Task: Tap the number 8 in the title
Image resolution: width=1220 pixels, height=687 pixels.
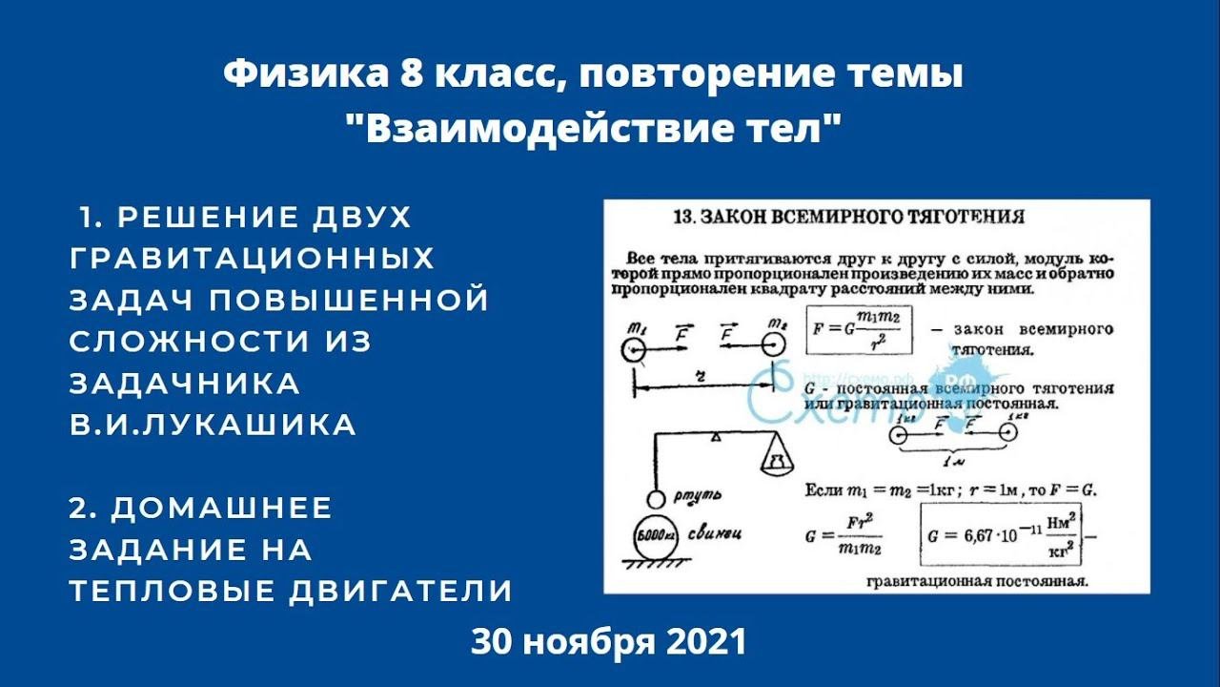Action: click(411, 75)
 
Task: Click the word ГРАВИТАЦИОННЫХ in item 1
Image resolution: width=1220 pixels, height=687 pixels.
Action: click(252, 259)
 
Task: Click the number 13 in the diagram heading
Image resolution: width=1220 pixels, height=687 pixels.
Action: click(686, 217)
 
